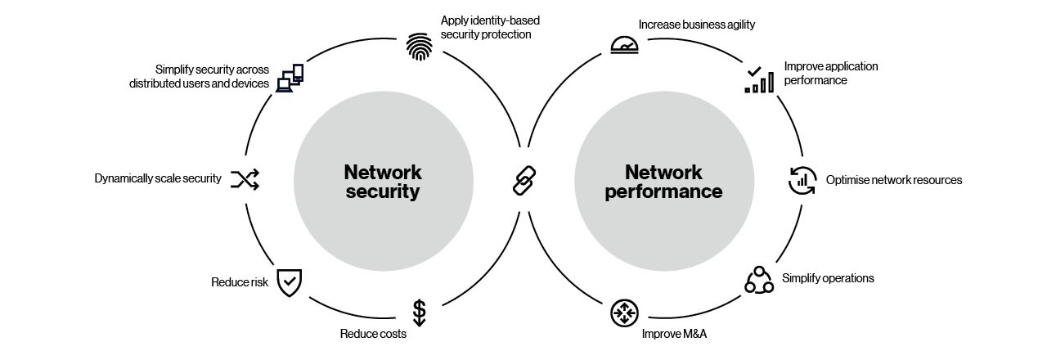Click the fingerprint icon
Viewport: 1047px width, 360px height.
pos(420,47)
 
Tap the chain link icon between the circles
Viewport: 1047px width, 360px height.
pos(523,180)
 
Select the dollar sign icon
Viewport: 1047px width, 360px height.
pos(419,313)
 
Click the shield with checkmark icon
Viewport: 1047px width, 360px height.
pos(289,282)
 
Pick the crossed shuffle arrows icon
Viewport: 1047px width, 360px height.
pos(245,179)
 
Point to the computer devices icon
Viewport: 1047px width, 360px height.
pos(290,78)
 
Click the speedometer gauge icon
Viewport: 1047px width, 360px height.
pos(624,46)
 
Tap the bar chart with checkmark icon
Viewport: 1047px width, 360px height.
pos(758,79)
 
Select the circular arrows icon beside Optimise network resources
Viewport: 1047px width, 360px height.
pos(802,180)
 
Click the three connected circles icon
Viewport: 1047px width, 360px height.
pos(758,281)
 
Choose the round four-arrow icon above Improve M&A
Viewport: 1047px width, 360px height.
pos(624,313)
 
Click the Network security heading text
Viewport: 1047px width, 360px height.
pos(382,182)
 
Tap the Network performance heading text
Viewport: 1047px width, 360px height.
pos(663,182)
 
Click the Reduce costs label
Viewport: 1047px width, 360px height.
pos(373,334)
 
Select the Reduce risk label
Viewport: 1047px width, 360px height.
pos(240,283)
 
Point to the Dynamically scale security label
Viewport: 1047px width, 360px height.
pos(158,178)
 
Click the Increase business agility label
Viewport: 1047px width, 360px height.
pos(697,25)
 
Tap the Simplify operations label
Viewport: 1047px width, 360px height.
pos(828,278)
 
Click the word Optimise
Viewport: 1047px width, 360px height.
pos(847,180)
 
